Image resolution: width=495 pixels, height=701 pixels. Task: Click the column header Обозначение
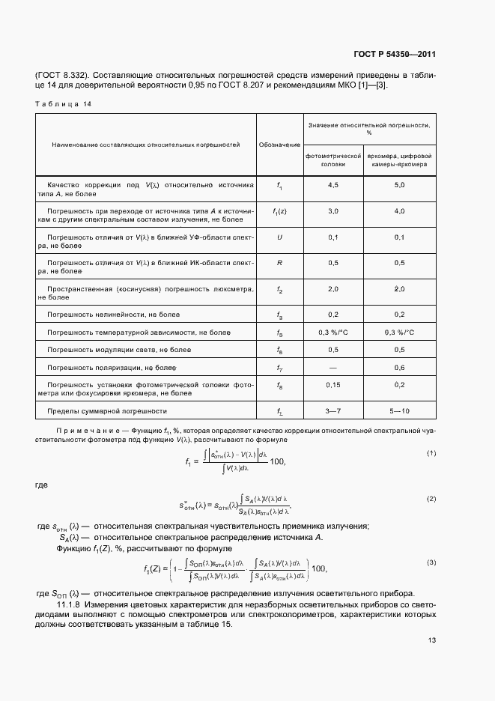279,145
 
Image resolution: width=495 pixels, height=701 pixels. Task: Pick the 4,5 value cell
333,185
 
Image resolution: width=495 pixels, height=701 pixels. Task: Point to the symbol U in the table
279,237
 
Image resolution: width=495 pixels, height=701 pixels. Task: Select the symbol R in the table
279,263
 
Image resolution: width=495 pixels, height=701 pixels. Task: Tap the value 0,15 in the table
333,384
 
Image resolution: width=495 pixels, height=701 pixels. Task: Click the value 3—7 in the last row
333,411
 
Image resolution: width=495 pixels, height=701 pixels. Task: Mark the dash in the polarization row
333,367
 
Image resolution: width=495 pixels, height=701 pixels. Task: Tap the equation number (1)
431,453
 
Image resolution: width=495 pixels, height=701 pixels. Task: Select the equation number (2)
431,498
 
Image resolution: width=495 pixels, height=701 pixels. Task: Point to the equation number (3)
431,562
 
